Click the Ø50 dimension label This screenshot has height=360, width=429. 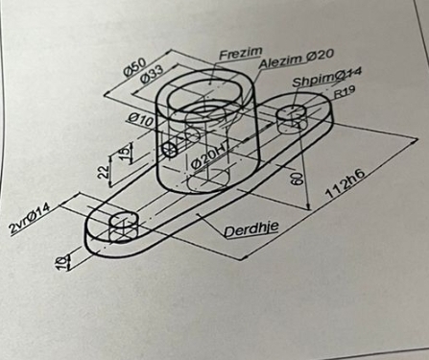click(x=135, y=66)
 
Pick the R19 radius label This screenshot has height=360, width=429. click(x=346, y=94)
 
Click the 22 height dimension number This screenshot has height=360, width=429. click(x=104, y=171)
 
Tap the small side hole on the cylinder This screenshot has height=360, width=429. click(x=172, y=149)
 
